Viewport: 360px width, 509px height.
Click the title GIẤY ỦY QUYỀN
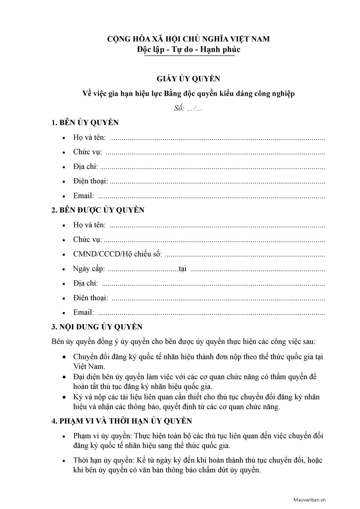tap(188, 79)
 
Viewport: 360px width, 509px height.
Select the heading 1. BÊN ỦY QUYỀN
tap(85, 122)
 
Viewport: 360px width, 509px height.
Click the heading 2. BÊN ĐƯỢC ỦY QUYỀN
tap(98, 210)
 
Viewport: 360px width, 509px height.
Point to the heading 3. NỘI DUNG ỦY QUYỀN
tap(97, 327)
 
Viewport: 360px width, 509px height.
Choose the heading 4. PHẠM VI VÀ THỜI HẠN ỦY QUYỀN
tap(122, 421)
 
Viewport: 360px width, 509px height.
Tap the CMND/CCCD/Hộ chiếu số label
tap(117, 254)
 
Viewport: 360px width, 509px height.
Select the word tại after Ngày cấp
tap(182, 269)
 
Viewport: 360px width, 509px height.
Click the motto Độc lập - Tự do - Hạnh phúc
tap(189, 50)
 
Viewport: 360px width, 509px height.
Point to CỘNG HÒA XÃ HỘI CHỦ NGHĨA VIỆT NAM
tap(189, 39)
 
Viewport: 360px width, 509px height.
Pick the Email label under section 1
tap(84, 196)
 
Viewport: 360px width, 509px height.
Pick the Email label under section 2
tap(84, 312)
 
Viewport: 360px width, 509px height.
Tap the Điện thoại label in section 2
tap(91, 298)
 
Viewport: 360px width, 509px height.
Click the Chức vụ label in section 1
tap(87, 152)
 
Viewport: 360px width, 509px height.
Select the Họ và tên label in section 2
tap(89, 225)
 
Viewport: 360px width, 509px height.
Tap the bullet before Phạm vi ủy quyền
tap(64, 436)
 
